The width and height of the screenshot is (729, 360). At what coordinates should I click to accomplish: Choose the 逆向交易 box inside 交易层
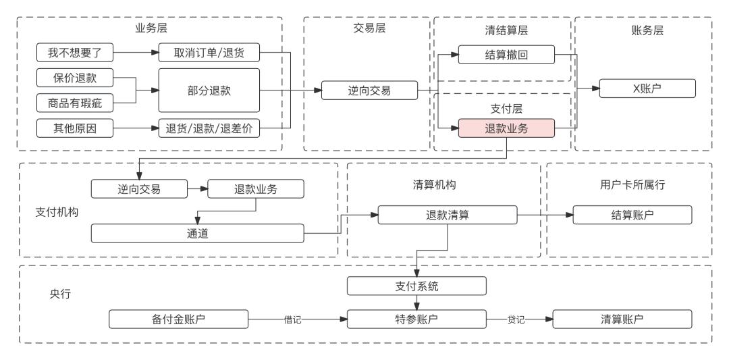coord(369,90)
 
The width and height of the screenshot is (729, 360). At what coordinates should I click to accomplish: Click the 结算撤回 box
coord(506,54)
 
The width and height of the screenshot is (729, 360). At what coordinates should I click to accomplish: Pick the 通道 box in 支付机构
coord(197,234)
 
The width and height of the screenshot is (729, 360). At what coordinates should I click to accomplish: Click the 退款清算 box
coord(447,215)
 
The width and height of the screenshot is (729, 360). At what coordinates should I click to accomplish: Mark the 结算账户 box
coord(632,215)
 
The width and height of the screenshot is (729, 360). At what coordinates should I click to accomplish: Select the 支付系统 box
coord(416,286)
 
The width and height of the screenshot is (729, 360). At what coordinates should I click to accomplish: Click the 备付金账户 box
coord(179,319)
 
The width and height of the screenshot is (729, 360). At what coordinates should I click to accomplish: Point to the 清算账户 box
coord(622,319)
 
